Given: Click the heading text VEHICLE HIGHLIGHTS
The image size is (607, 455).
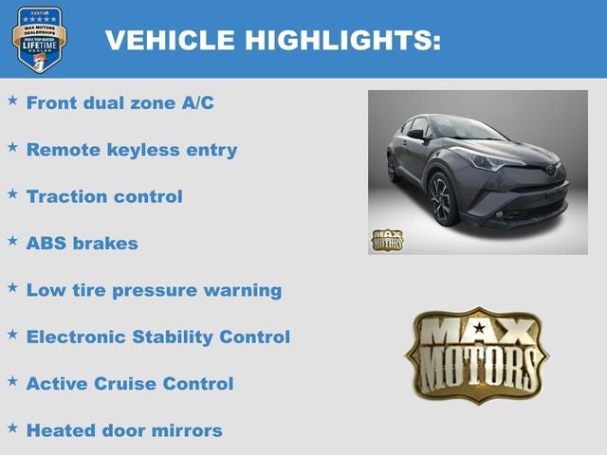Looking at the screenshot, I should [272, 40].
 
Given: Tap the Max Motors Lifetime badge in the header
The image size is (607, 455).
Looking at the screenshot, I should [39, 39].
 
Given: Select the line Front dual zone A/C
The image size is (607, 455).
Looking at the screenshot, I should [120, 102].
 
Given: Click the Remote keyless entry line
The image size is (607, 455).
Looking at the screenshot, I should [132, 150].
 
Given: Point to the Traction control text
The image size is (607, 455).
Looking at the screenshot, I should [104, 196].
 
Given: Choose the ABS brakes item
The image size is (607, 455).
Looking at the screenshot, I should [83, 243].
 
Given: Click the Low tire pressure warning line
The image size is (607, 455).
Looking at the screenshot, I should [154, 290].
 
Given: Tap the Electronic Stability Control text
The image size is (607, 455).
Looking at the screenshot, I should [158, 337].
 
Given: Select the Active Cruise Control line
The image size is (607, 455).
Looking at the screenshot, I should [130, 384].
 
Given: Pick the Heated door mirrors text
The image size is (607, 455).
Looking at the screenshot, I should [124, 430].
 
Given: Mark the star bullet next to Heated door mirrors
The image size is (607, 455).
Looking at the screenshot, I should [12, 428].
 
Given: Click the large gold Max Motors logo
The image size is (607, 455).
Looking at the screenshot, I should [477, 355].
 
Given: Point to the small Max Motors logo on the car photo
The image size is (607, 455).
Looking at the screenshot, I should [386, 239].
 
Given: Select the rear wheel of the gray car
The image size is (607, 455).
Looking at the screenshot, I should [393, 168].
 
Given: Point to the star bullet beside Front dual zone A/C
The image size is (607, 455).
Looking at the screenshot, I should [12, 100].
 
